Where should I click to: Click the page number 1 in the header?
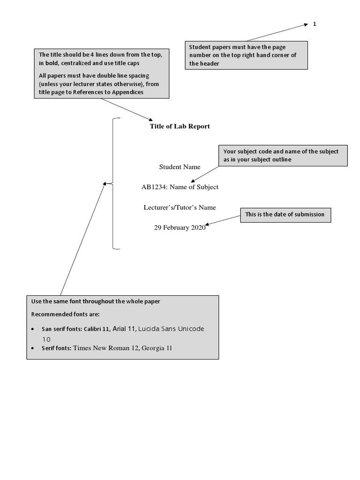click(315, 24)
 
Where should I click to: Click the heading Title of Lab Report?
click(180, 126)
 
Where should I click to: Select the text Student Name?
click(180, 167)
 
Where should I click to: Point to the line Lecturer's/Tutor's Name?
click(180, 207)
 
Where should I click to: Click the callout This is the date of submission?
click(285, 215)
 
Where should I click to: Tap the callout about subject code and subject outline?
click(283, 156)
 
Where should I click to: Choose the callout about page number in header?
click(246, 55)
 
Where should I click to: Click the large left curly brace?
click(112, 183)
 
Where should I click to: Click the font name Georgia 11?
click(157, 348)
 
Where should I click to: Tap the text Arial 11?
click(124, 329)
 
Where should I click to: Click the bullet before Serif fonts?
click(31, 349)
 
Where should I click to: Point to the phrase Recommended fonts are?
click(66, 314)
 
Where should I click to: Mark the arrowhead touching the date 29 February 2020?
click(208, 225)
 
